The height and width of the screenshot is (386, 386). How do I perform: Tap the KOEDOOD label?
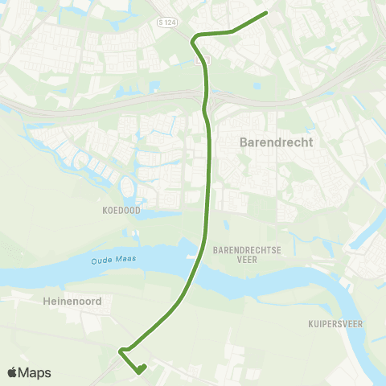point(121,211)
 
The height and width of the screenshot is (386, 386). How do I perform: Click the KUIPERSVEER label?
point(337,324)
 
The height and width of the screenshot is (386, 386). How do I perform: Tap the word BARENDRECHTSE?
point(248,250)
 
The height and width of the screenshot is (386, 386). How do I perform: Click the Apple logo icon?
point(13,372)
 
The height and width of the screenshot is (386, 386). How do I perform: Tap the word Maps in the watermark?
point(36,372)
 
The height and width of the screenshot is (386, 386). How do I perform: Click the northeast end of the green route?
point(265,13)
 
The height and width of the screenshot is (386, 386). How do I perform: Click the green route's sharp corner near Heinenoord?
point(120,351)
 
